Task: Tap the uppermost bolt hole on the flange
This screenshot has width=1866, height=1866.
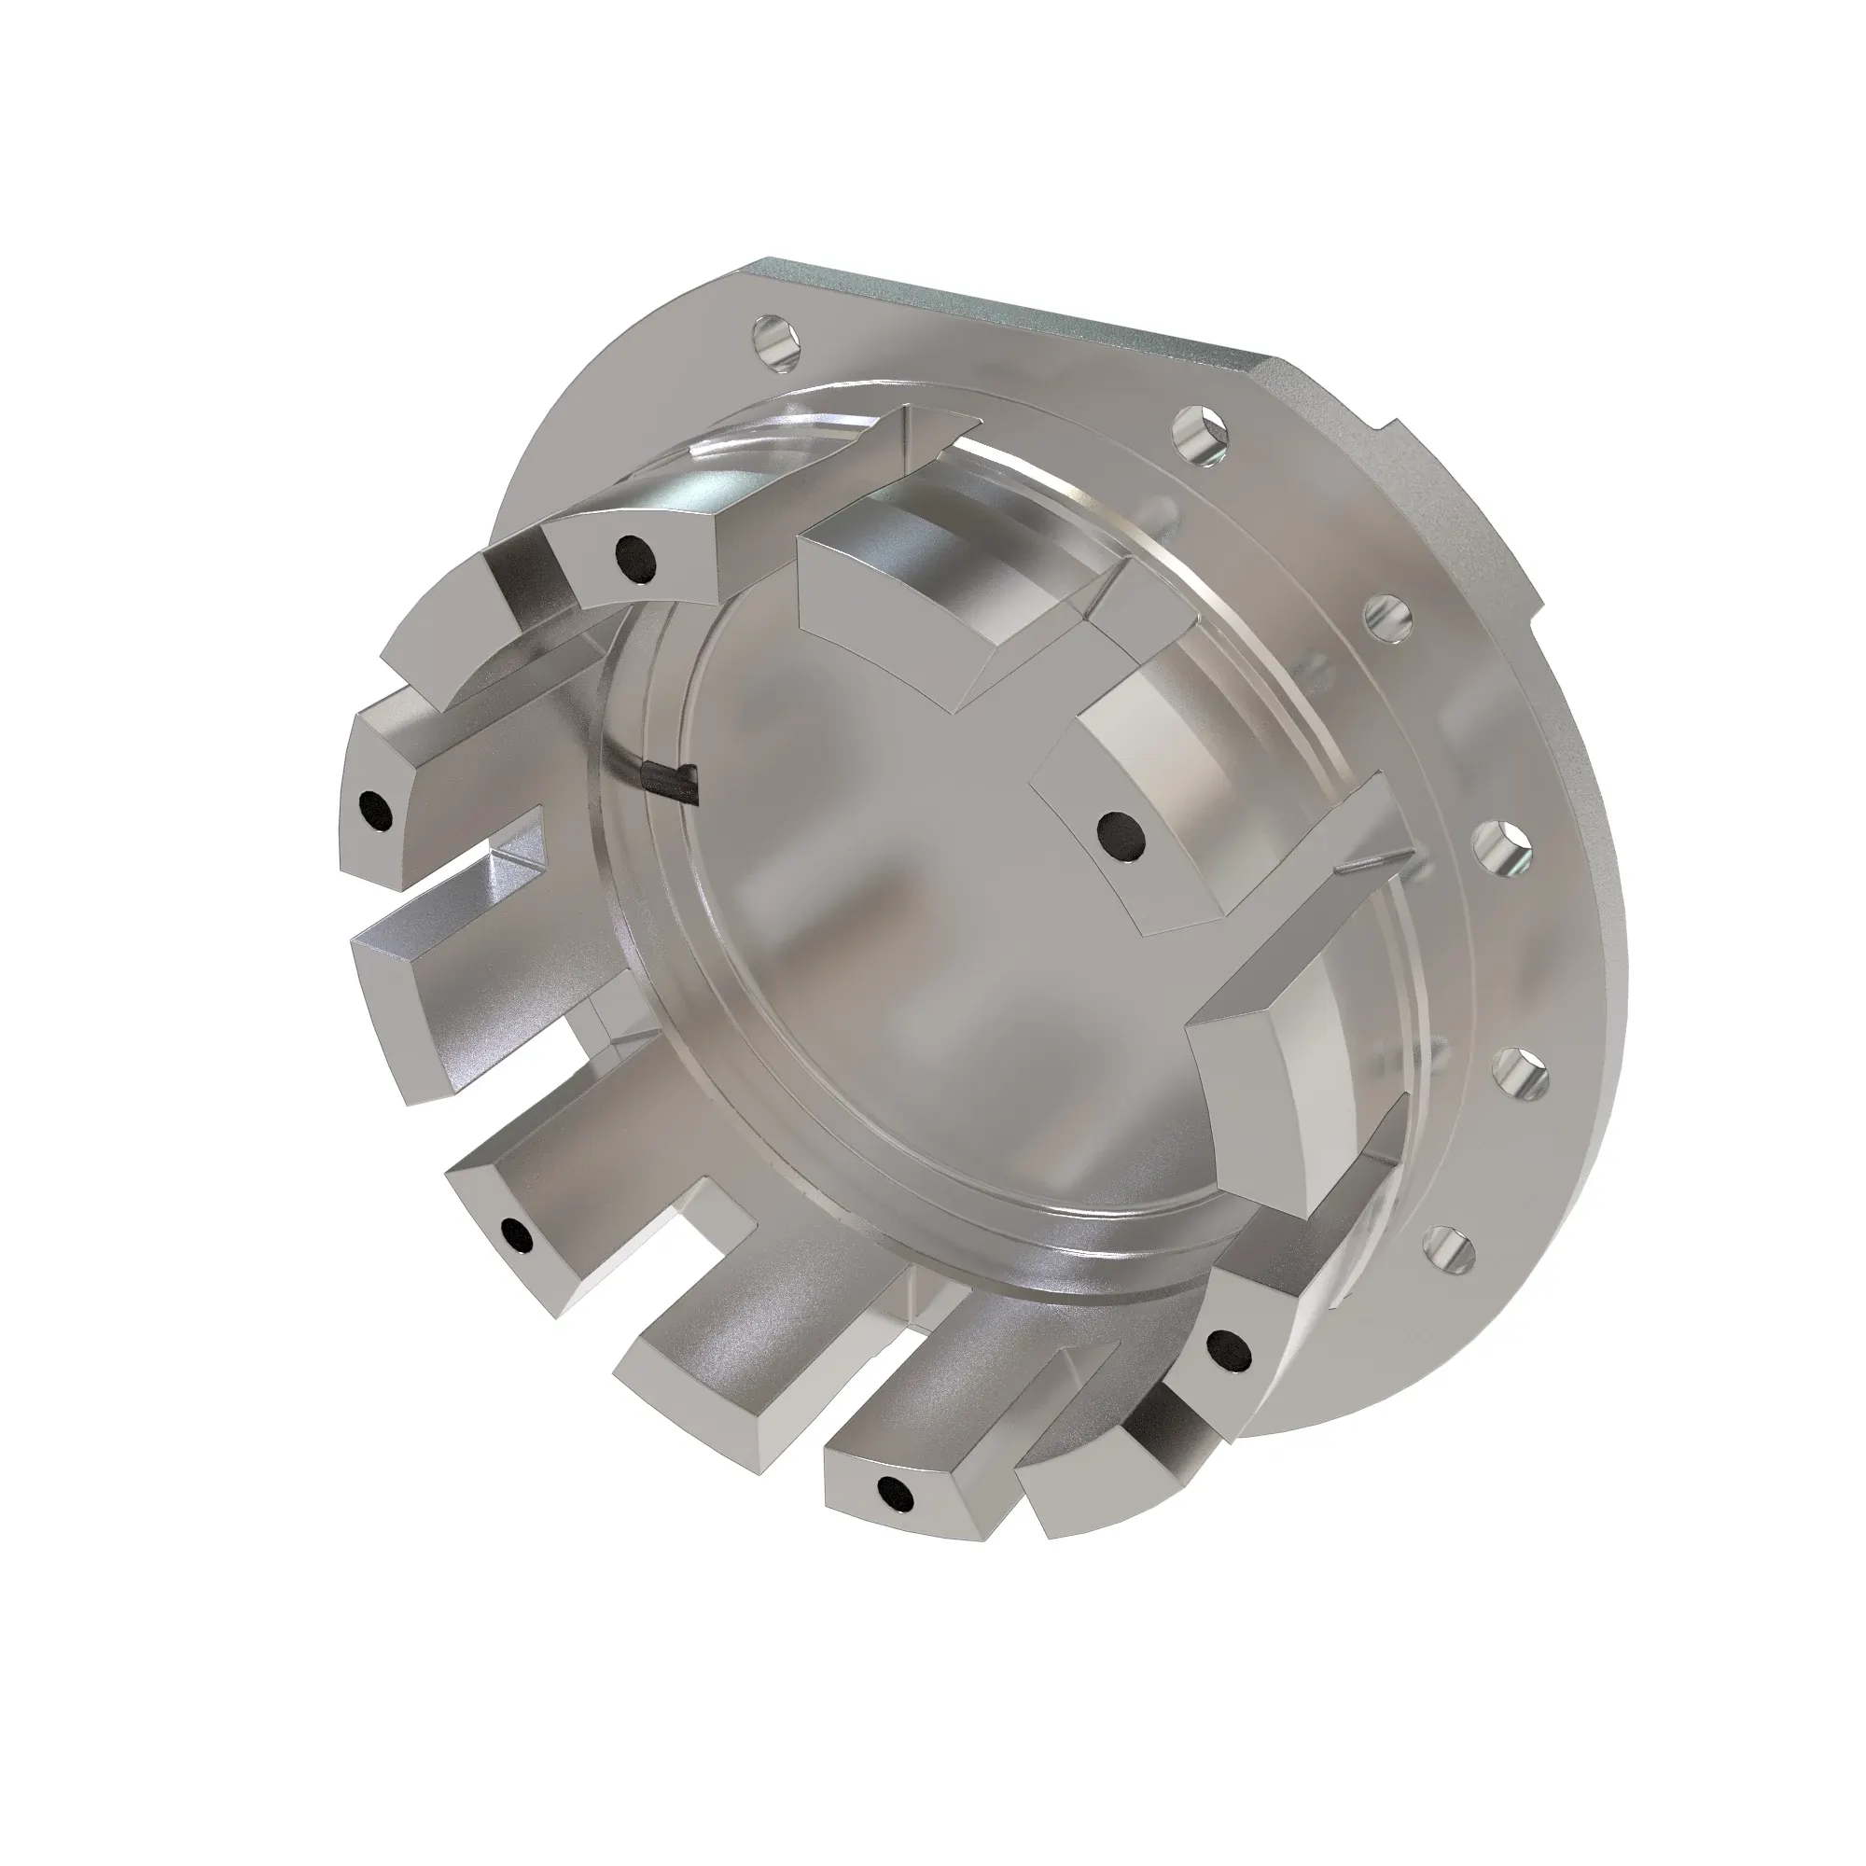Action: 778,340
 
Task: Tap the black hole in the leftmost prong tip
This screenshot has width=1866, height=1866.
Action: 375,808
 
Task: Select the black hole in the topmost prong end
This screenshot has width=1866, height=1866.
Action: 635,558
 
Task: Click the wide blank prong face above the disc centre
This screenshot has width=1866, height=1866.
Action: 888,608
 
